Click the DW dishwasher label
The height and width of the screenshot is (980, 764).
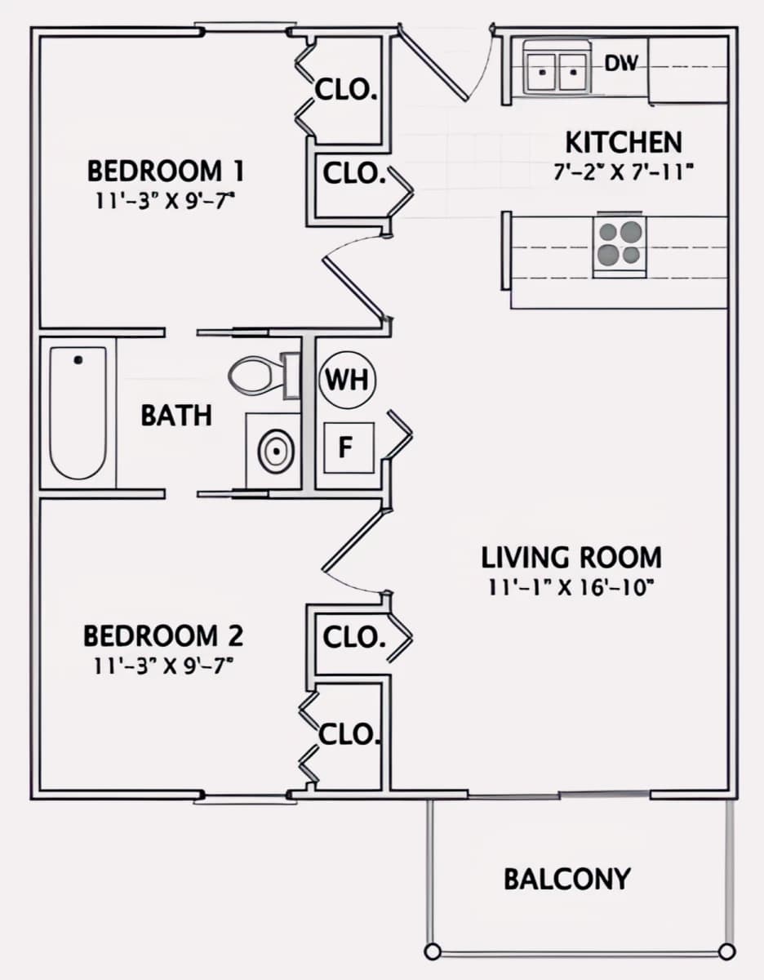pyautogui.click(x=622, y=64)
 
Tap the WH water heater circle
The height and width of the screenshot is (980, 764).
pyautogui.click(x=347, y=380)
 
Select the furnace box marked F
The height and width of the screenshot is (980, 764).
pyautogui.click(x=349, y=448)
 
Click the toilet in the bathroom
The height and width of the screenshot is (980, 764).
pyautogui.click(x=264, y=376)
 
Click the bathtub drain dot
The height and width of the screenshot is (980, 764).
pyautogui.click(x=78, y=360)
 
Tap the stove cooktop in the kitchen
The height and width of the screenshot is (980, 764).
pyautogui.click(x=620, y=247)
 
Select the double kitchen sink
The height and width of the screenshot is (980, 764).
pyautogui.click(x=557, y=68)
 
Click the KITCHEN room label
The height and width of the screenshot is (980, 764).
pyautogui.click(x=624, y=143)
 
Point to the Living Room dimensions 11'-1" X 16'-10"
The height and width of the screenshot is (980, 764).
pyautogui.click(x=571, y=588)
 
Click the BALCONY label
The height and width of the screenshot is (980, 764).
pyautogui.click(x=566, y=880)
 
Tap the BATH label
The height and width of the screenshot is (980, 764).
pyautogui.click(x=176, y=416)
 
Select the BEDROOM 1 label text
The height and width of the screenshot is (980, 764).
pyautogui.click(x=166, y=171)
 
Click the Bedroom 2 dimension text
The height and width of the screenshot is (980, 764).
pyautogui.click(x=163, y=666)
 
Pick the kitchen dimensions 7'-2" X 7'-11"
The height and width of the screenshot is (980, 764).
pyautogui.click(x=624, y=171)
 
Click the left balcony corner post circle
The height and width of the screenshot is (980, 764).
pyautogui.click(x=433, y=951)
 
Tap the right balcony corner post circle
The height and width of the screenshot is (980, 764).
pyautogui.click(x=726, y=951)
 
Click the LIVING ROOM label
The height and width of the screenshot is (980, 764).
pyautogui.click(x=571, y=558)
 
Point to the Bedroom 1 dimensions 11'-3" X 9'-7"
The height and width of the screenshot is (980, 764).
pyautogui.click(x=165, y=201)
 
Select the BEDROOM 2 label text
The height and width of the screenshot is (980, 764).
pyautogui.click(x=163, y=636)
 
